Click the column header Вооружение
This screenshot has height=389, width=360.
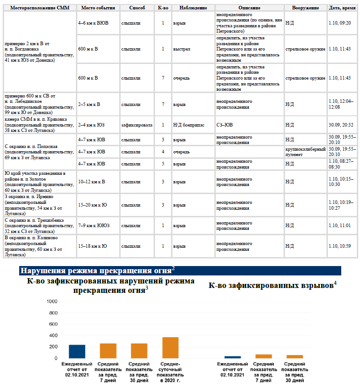pyautogui.click(x=306, y=8)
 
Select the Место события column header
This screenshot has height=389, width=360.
pyautogui.click(x=98, y=8)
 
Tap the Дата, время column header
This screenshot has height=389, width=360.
pyautogui.click(x=342, y=8)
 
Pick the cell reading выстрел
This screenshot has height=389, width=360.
pyautogui.click(x=180, y=49)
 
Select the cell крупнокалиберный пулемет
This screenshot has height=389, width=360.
pyautogui.click(x=306, y=152)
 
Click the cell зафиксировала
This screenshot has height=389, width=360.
pyautogui.click(x=137, y=125)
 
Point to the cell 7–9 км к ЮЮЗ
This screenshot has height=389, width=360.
pyautogui.click(x=94, y=225)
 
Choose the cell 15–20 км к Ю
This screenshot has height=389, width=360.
pyautogui.click(x=92, y=205)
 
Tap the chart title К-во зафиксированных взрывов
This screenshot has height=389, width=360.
pyautogui.click(x=272, y=285)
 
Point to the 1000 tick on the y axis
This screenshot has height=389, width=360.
pyautogui.click(x=52, y=301)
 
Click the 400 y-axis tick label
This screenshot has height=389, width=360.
pyautogui.click(x=53, y=335)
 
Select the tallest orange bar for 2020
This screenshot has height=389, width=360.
pyautogui.click(x=170, y=347)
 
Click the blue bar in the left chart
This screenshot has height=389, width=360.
pyautogui.click(x=77, y=351)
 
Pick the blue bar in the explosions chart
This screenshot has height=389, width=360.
pyautogui.click(x=232, y=357)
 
